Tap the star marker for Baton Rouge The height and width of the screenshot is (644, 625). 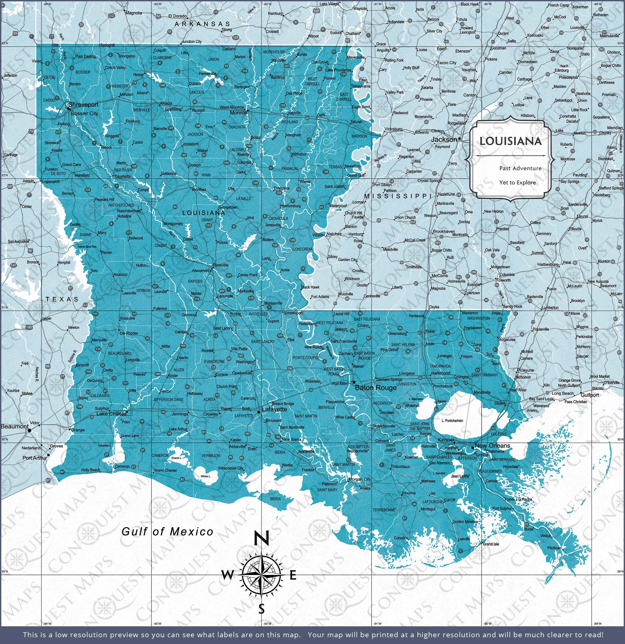click(x=354, y=382)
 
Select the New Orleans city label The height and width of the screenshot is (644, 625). click(x=492, y=446)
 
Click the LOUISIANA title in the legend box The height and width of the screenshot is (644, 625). click(x=510, y=141)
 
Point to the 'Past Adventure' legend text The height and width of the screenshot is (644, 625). click(x=520, y=168)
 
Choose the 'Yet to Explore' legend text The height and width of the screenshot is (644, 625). click(x=517, y=182)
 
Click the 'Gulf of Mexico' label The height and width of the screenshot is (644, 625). click(x=167, y=532)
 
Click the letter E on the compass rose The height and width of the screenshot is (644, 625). click(x=293, y=575)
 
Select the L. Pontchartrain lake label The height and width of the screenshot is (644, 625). click(x=452, y=421)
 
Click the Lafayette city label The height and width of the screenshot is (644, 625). click(x=274, y=409)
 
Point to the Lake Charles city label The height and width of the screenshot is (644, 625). click(x=111, y=414)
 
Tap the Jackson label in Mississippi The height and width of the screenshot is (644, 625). click(x=444, y=139)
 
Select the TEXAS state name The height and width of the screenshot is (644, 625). click(x=62, y=299)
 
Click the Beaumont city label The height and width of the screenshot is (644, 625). click(x=15, y=426)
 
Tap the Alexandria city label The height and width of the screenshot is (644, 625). click(x=201, y=271)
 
